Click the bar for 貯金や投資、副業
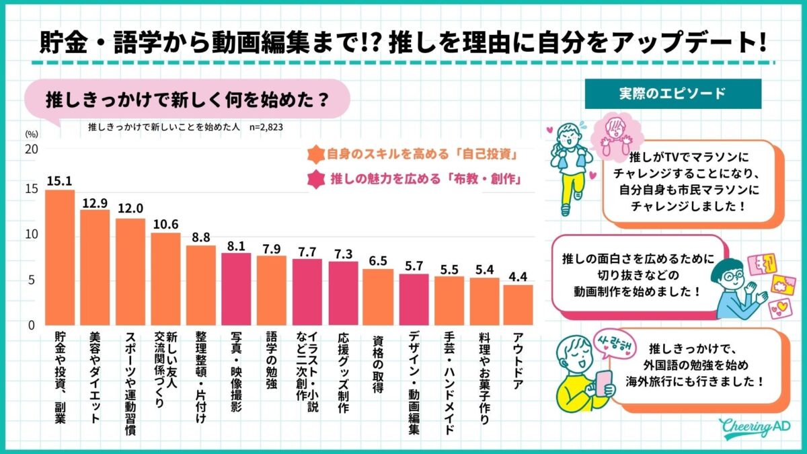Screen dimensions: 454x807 pos(59,258)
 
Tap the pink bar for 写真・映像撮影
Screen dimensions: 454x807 pos(236,289)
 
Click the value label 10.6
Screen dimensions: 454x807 pos(165,224)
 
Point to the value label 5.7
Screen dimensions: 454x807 pos(414,266)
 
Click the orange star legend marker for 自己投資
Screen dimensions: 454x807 pos(313,154)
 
